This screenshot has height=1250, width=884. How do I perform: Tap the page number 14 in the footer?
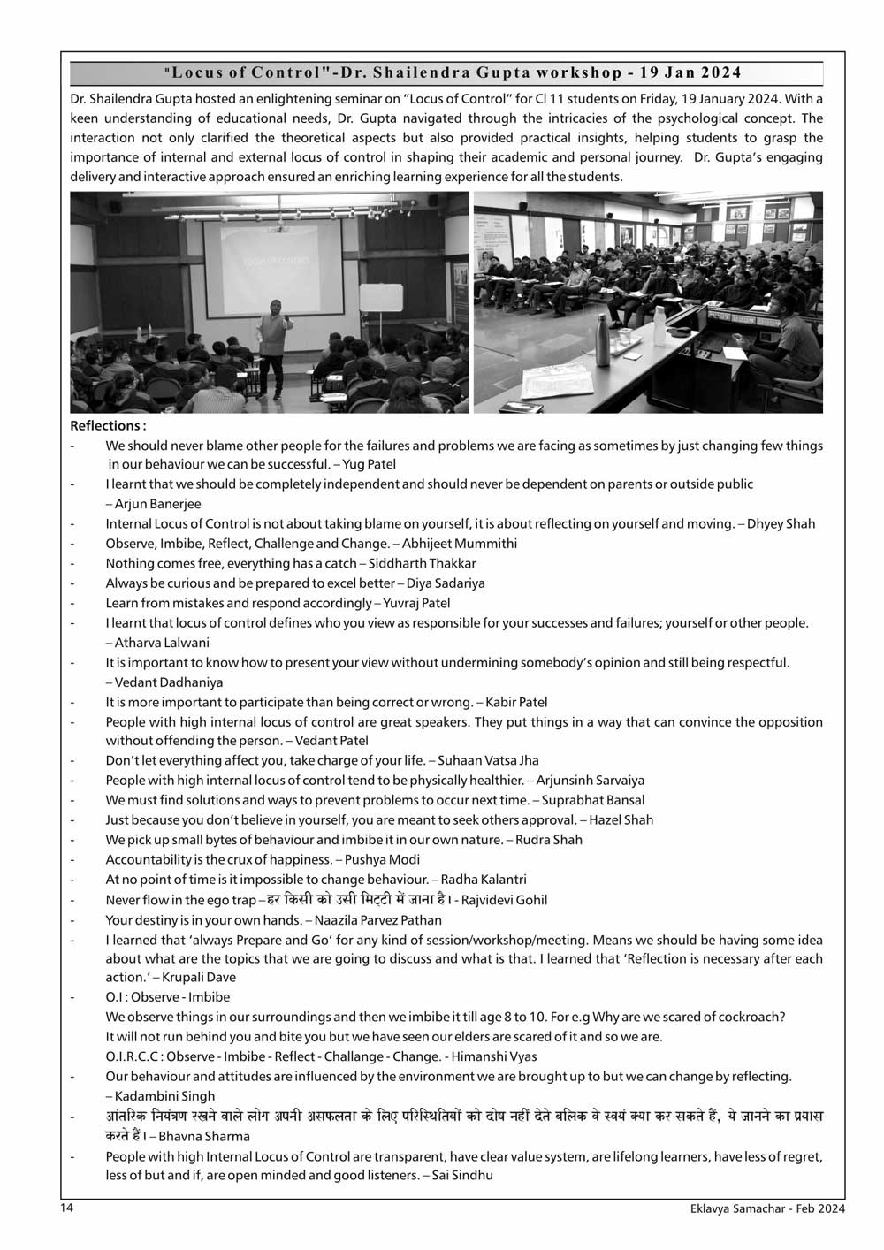click(x=66, y=1208)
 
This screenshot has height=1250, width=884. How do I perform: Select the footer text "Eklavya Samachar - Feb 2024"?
click(x=767, y=1208)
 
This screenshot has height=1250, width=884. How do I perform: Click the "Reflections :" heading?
click(x=108, y=426)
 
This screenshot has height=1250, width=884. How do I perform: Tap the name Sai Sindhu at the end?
click(x=462, y=1175)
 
